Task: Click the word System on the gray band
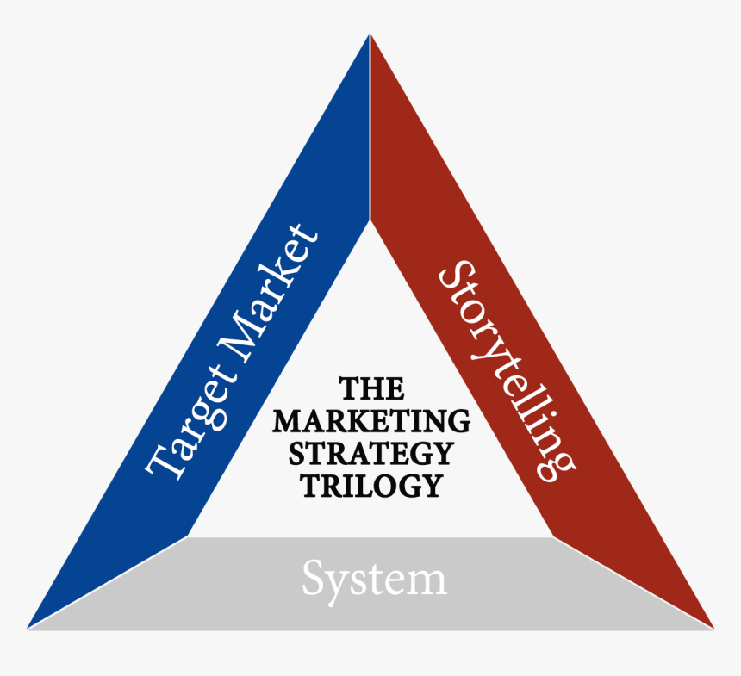pos(374,579)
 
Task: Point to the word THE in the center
pos(371,388)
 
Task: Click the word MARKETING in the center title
pos(371,421)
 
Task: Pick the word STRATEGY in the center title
pos(371,453)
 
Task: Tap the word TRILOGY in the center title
pos(371,485)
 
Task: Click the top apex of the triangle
pos(370,36)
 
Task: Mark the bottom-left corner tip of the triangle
pos(28,628)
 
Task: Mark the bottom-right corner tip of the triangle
pos(713,628)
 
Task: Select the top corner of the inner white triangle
pos(370,221)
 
